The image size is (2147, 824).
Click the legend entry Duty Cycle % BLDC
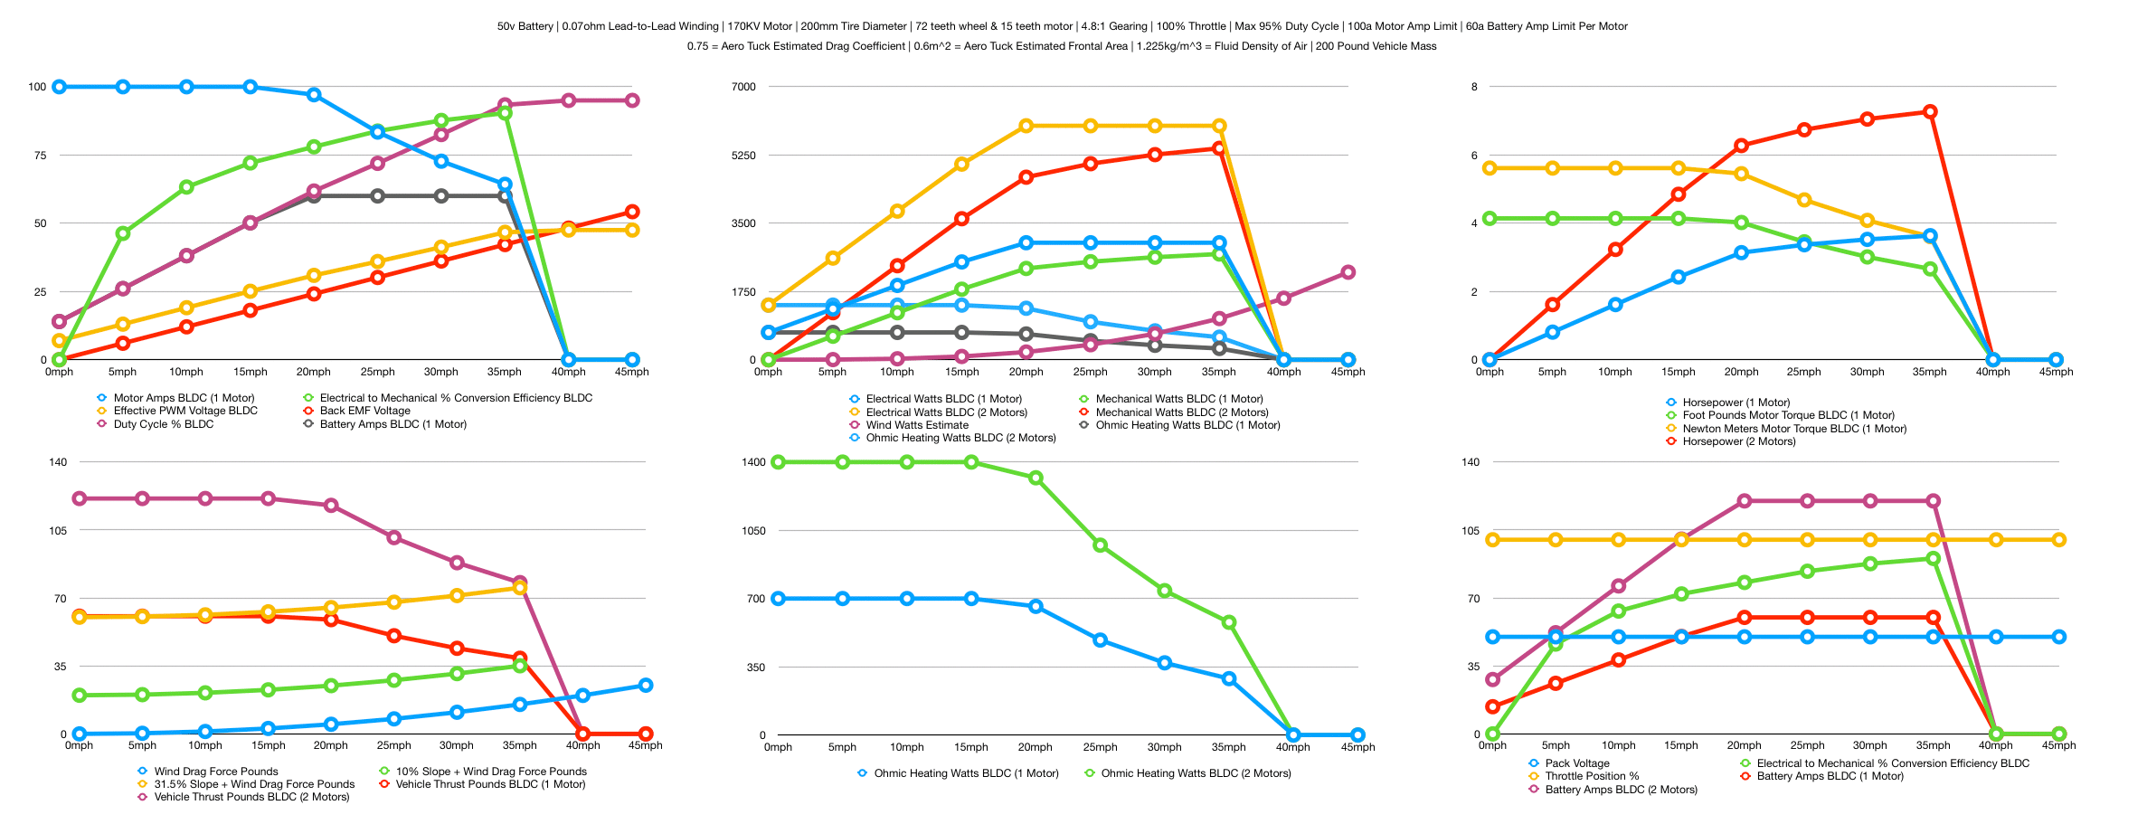pos(163,424)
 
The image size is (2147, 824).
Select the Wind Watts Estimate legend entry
pos(916,425)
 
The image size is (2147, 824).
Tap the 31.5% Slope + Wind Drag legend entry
pos(253,784)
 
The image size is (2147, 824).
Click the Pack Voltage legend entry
pos(1576,763)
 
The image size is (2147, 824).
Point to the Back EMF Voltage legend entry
pos(364,411)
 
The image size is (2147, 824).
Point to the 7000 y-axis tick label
pos(743,87)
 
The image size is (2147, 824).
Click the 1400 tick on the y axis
pos(753,462)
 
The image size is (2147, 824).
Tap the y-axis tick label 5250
pos(743,156)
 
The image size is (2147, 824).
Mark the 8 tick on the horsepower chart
pos(1474,87)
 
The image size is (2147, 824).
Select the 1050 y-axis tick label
pos(753,531)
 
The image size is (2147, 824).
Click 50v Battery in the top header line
pos(525,26)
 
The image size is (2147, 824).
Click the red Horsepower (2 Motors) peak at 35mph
pos(1930,112)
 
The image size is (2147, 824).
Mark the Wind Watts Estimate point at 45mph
pos(1348,272)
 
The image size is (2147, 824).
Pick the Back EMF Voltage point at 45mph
pos(632,212)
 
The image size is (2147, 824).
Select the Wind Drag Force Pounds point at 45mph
pos(646,686)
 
